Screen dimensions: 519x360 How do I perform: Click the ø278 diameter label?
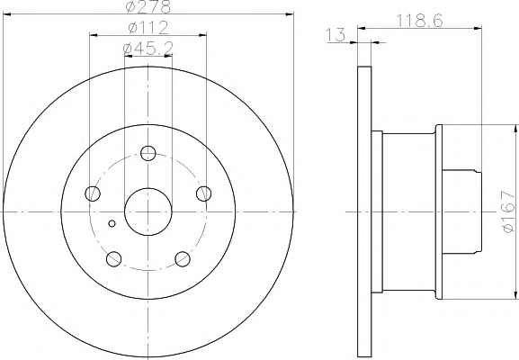[148, 6]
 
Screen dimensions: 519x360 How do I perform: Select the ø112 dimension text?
[148, 28]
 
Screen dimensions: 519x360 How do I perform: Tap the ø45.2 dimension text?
[148, 49]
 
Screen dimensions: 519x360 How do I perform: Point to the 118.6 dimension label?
[420, 22]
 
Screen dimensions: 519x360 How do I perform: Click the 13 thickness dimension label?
[336, 35]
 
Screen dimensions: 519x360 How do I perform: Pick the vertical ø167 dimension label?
[509, 211]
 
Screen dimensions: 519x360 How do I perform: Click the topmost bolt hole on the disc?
[148, 153]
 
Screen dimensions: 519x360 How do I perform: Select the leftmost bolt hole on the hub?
[93, 193]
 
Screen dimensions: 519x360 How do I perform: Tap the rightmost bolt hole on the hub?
[203, 193]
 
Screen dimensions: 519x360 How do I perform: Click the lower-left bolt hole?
[114, 259]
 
